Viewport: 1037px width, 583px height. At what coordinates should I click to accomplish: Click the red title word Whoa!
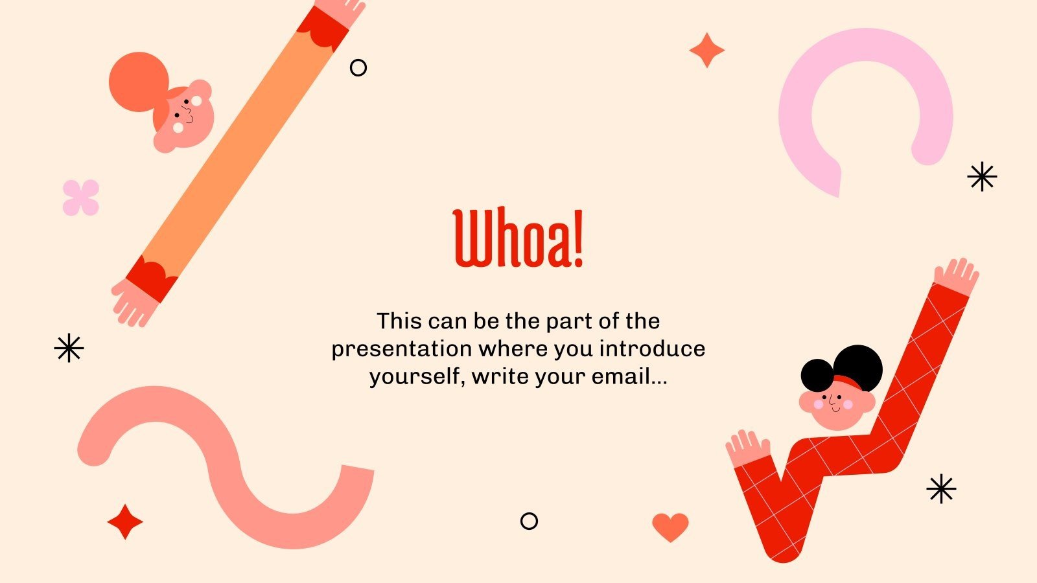point(518,238)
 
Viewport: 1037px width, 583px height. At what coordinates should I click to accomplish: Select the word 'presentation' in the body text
point(402,349)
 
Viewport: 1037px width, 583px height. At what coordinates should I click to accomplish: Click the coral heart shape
point(670,527)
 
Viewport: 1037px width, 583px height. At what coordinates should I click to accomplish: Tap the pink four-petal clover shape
point(81,198)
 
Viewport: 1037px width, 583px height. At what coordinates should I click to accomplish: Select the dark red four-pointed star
point(125,522)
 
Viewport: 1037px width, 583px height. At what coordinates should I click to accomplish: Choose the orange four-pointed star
point(706,51)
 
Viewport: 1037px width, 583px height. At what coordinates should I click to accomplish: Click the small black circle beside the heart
point(530,521)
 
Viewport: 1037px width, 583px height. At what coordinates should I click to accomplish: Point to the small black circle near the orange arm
point(358,67)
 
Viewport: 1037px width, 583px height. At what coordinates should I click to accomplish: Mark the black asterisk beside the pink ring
point(982,176)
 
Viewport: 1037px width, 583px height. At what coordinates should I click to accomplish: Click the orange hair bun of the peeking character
point(138,81)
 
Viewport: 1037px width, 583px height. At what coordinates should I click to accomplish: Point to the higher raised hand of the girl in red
point(957,276)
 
